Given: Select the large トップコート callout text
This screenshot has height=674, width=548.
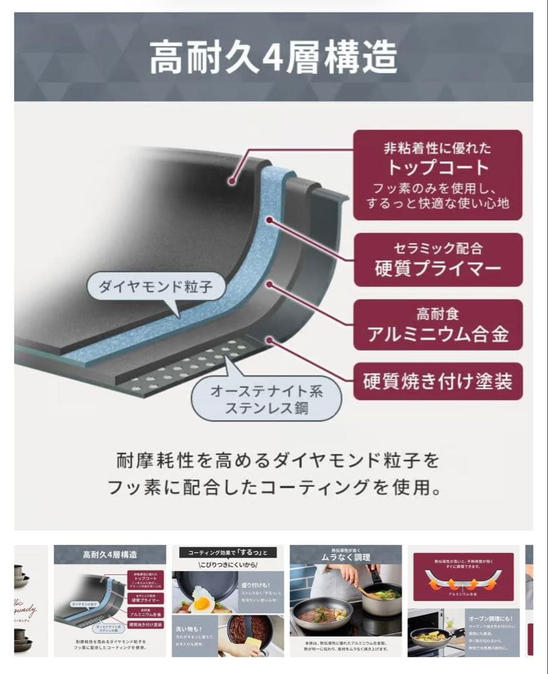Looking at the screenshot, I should point(437,167).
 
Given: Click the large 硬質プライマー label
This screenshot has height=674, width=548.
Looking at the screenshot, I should point(437,268).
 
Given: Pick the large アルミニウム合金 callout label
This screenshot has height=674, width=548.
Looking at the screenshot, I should point(437,335).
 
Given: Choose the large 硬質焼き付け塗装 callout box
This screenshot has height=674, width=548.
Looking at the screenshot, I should point(437,381).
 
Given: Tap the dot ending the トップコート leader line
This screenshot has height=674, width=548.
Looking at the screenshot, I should point(232,182).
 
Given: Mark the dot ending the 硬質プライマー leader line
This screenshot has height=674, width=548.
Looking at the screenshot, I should point(271,219).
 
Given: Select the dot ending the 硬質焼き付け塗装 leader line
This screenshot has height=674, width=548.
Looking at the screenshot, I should point(269,339).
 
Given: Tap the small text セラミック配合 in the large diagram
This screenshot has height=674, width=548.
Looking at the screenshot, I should point(437,248).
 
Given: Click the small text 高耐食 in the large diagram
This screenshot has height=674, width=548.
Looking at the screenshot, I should point(437,314).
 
